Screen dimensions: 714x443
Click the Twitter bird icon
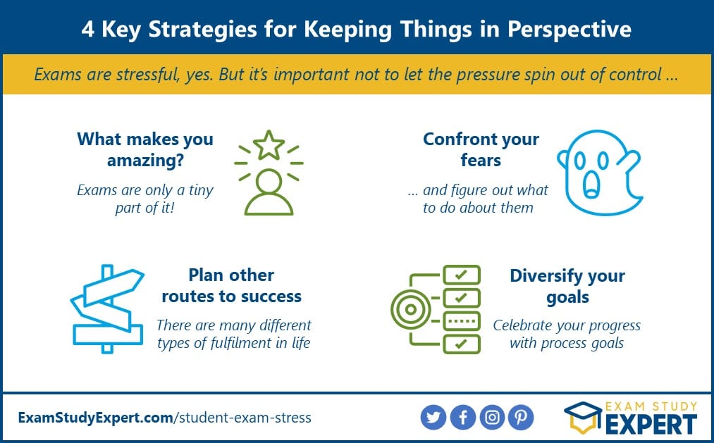(433, 417)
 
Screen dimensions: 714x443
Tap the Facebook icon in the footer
(462, 417)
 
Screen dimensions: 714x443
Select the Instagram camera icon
(492, 417)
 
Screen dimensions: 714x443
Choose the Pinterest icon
(521, 417)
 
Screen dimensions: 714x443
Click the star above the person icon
(269, 145)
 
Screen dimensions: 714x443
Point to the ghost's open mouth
(591, 185)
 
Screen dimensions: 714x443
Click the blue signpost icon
(107, 308)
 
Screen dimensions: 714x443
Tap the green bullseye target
(411, 309)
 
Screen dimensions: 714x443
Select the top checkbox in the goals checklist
(462, 274)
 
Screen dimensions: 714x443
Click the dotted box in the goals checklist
(462, 321)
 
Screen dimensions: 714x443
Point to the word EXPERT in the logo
(651, 425)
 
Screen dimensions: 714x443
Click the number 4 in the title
(88, 30)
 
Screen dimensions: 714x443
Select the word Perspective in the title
(570, 30)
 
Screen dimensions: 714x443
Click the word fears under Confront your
(481, 160)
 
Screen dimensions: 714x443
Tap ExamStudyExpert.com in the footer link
(96, 418)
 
